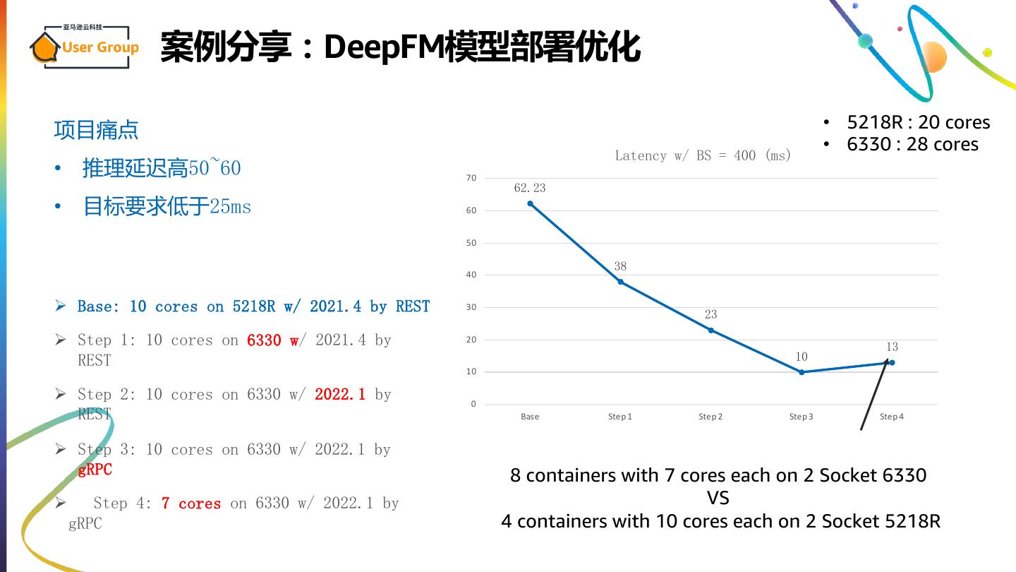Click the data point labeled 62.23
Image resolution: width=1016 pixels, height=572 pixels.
530,203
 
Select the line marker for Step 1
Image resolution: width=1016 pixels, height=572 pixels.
620,282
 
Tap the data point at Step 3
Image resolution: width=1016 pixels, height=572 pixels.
802,372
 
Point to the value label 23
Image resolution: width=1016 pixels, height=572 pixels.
710,314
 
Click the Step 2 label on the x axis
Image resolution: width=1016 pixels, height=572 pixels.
710,417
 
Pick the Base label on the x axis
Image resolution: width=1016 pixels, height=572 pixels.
530,417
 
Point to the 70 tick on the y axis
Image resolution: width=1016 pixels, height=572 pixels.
471,178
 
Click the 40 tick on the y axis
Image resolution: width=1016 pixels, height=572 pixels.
471,275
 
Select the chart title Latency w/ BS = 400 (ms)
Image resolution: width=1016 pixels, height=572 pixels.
703,155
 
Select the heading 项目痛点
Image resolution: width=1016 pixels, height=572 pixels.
96,130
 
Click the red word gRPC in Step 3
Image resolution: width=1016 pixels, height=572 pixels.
95,470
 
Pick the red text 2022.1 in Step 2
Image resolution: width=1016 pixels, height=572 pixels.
340,394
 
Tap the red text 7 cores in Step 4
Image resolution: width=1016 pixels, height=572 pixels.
190,504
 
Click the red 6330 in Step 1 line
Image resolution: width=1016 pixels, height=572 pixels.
264,340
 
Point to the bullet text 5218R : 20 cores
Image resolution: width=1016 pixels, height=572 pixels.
918,122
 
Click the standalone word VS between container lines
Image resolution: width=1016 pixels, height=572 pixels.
718,498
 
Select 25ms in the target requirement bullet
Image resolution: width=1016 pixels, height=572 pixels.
230,206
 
